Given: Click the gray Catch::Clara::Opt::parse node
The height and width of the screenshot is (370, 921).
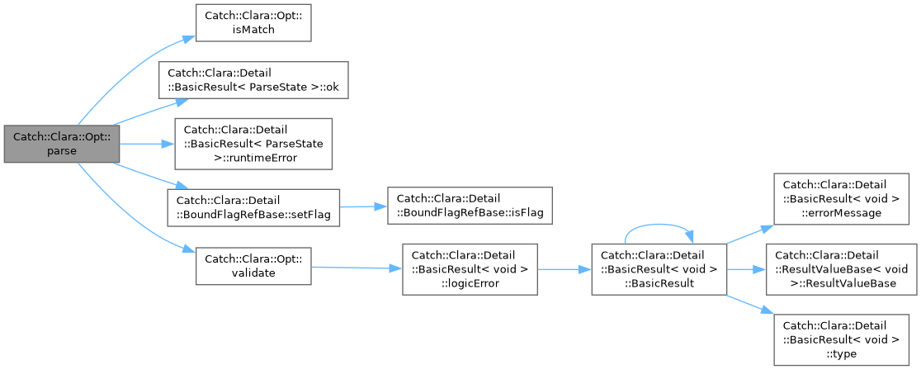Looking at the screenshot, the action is click(x=62, y=144).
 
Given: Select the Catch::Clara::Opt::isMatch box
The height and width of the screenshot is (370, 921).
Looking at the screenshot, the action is click(x=253, y=23).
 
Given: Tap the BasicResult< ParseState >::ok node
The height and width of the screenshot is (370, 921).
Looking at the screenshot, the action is click(x=253, y=80).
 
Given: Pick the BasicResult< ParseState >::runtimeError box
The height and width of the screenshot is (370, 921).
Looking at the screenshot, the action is click(x=253, y=144).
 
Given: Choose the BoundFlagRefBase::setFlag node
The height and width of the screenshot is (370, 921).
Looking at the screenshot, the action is click(x=253, y=207).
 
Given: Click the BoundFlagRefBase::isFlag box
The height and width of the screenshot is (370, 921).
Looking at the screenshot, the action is click(x=470, y=206).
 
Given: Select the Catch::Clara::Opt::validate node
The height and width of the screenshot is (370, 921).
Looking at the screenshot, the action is click(x=253, y=266).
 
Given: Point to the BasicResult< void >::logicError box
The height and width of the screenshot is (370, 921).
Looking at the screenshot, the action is click(x=470, y=268).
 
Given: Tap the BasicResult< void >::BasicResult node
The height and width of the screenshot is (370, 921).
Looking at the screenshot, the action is click(x=659, y=268).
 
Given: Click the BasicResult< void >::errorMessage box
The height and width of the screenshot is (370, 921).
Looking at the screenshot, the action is click(x=844, y=198).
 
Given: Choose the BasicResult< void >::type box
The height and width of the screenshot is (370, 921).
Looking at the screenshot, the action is click(x=844, y=339).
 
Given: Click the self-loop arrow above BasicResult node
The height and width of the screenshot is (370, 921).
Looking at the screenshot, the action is click(x=659, y=225).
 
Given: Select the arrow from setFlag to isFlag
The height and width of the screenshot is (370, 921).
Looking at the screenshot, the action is click(x=364, y=207).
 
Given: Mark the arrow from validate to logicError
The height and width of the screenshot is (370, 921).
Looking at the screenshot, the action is click(x=357, y=268).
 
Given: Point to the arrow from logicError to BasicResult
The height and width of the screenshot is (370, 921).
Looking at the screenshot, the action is click(x=564, y=268).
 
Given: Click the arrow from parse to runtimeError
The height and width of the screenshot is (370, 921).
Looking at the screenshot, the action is click(x=148, y=144).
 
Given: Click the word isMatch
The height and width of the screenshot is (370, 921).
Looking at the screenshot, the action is click(x=253, y=29).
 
